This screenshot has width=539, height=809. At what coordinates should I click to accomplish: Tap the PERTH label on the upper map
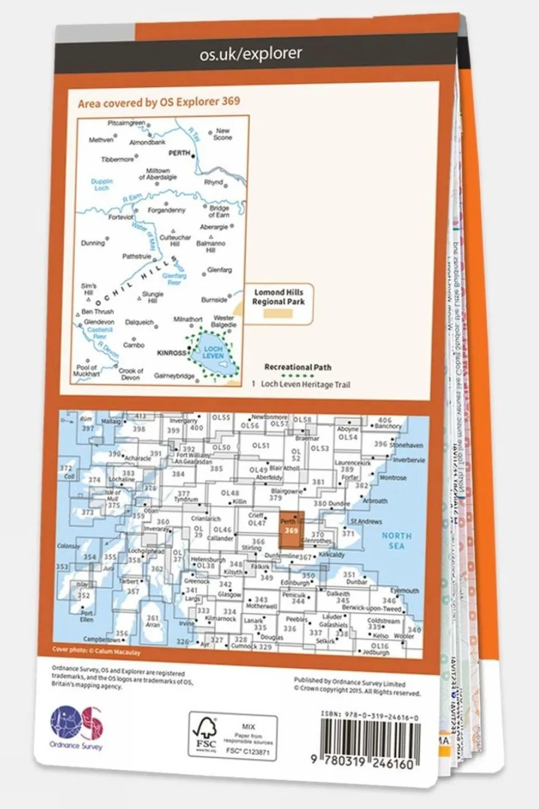tap(179, 153)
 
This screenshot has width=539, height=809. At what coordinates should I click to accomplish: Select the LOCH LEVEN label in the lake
tap(212, 352)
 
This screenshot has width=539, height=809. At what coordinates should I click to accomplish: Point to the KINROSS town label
tap(171, 353)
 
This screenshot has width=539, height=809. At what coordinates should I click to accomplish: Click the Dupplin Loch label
tap(102, 185)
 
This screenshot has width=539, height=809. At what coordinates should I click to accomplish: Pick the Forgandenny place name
tap(166, 210)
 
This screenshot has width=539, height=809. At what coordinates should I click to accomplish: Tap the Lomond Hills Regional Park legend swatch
tap(278, 314)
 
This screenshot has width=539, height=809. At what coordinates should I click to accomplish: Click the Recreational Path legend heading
tap(297, 367)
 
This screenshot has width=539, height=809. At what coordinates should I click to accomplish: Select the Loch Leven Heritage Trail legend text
tap(305, 385)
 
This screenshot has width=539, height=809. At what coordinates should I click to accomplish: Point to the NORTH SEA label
tap(396, 541)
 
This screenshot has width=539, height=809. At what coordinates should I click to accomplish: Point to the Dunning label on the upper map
tap(93, 243)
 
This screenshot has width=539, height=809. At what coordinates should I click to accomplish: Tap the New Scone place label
tap(223, 134)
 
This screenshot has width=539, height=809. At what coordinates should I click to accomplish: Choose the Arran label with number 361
tap(152, 621)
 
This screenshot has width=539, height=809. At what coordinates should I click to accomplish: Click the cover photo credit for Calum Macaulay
tap(96, 652)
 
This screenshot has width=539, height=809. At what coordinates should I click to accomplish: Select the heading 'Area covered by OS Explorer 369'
tap(159, 102)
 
